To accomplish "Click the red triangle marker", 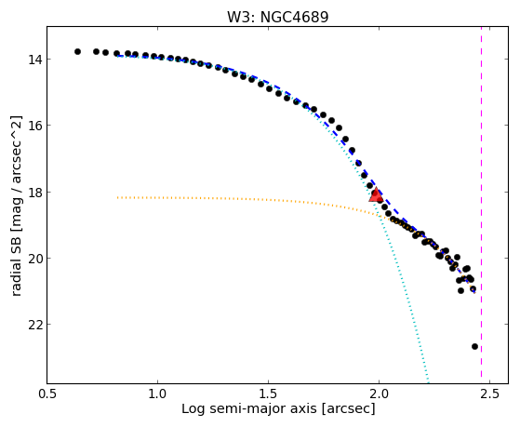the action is click(376, 194).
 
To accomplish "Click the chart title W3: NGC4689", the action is click(277, 18).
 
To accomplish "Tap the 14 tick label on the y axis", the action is click(34, 60).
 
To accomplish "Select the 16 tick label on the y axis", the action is click(34, 126).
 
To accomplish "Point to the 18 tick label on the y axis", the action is click(34, 192).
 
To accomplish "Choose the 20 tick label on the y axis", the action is click(34, 258).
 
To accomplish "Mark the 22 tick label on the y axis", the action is click(34, 325).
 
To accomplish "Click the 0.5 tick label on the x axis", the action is click(47, 394).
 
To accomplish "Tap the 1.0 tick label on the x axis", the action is click(158, 394).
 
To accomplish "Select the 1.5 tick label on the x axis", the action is click(268, 394).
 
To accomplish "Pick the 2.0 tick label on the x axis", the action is click(379, 394).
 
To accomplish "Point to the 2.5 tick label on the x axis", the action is click(489, 394).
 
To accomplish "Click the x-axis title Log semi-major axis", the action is click(249, 409).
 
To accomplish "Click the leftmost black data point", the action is click(77, 51).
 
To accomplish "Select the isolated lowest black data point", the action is click(474, 346).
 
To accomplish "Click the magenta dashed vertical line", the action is click(481, 205).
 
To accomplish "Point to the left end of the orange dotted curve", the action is click(118, 197).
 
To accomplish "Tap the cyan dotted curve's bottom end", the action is click(429, 382).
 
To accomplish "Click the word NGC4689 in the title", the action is click(295, 18).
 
